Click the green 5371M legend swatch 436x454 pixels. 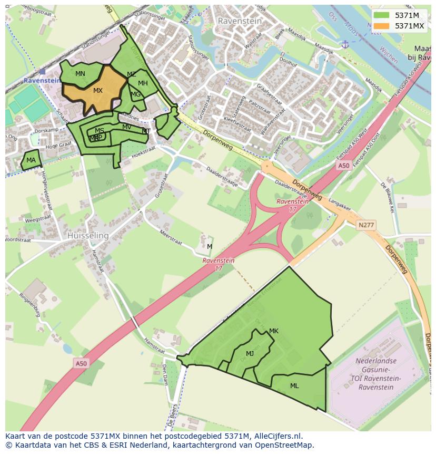pyautogui.click(x=382, y=15)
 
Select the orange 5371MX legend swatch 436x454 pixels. pyautogui.click(x=382, y=26)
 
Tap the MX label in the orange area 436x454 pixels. pyautogui.click(x=98, y=91)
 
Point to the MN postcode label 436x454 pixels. pyautogui.click(x=80, y=74)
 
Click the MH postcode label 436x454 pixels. pyautogui.click(x=143, y=83)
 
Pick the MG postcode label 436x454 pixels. pyautogui.click(x=136, y=95)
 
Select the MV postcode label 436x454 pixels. pyautogui.click(x=127, y=127)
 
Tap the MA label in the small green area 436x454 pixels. pyautogui.click(x=31, y=160)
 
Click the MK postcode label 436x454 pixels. pyautogui.click(x=273, y=331)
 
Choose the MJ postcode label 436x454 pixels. pyautogui.click(x=250, y=354)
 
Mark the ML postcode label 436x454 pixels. pyautogui.click(x=294, y=386)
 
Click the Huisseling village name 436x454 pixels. pyautogui.click(x=88, y=236)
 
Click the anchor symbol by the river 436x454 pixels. pyautogui.click(x=345, y=44)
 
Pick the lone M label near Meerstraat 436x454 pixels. pyautogui.click(x=210, y=247)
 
